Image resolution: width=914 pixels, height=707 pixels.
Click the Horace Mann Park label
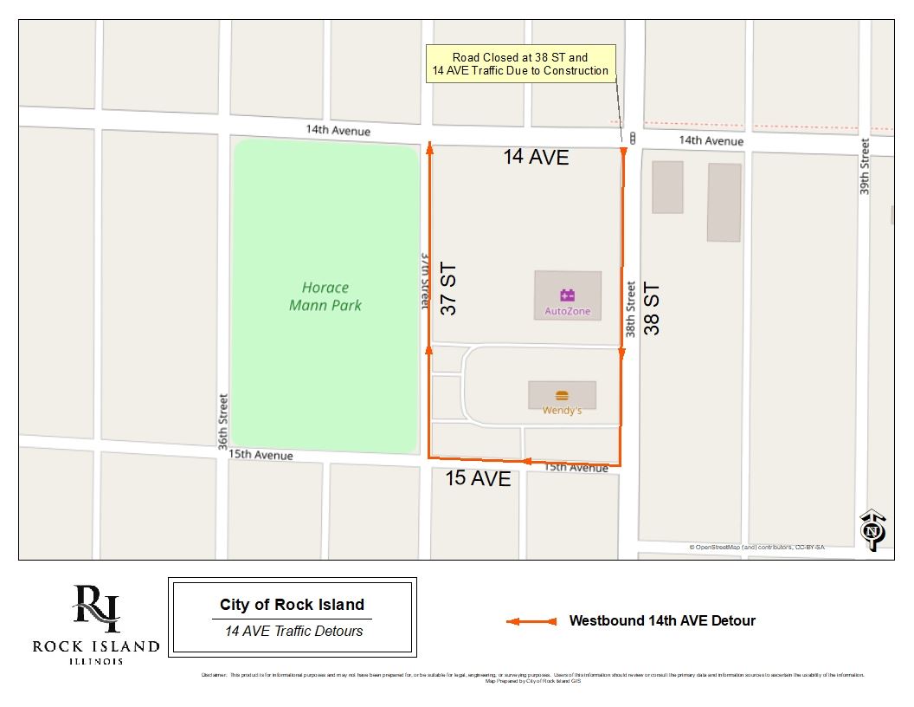click(325, 296)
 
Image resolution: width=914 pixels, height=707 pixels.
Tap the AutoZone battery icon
click(568, 295)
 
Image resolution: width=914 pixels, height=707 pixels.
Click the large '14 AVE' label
click(537, 157)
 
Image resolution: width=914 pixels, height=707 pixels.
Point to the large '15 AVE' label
click(478, 478)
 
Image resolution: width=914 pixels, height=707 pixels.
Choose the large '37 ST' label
click(447, 289)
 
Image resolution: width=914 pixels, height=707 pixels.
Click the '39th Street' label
click(865, 166)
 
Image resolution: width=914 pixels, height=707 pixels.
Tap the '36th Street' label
click(223, 422)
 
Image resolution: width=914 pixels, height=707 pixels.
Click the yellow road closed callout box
click(520, 64)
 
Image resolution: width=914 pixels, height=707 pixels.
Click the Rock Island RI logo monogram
click(96, 610)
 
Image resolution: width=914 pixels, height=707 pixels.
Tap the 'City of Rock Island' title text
click(292, 605)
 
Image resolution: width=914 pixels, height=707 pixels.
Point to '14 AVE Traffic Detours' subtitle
click(293, 631)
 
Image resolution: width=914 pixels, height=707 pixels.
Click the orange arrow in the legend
click(531, 621)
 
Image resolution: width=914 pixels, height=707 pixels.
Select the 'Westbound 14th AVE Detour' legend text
click(662, 620)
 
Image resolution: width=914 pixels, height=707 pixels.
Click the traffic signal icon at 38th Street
click(634, 139)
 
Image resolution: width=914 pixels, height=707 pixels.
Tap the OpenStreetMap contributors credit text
click(756, 548)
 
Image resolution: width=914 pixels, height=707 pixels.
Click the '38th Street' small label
click(631, 308)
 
